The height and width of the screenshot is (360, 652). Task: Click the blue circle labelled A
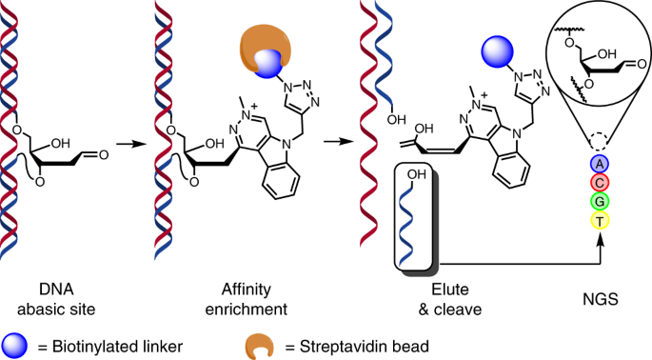click(x=600, y=165)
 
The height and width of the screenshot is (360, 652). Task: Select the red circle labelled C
click(x=600, y=183)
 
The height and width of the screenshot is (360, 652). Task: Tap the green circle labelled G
click(x=600, y=202)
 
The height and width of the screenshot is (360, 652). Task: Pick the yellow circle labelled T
click(x=600, y=220)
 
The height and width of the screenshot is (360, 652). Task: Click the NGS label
click(x=601, y=299)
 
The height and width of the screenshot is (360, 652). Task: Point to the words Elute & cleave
click(x=450, y=299)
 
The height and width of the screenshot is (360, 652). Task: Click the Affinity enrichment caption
click(x=247, y=299)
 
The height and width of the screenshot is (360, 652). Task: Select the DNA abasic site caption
click(x=56, y=299)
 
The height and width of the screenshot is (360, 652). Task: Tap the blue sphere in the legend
click(x=14, y=346)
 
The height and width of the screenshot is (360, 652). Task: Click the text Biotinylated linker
click(x=117, y=347)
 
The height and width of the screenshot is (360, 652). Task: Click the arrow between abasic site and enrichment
click(x=131, y=144)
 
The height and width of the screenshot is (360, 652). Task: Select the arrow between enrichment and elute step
click(x=339, y=142)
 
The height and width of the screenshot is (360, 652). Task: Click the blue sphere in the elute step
click(x=497, y=52)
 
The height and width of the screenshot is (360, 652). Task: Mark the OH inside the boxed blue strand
click(x=417, y=174)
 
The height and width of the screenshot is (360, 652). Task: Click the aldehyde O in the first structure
click(x=103, y=155)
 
